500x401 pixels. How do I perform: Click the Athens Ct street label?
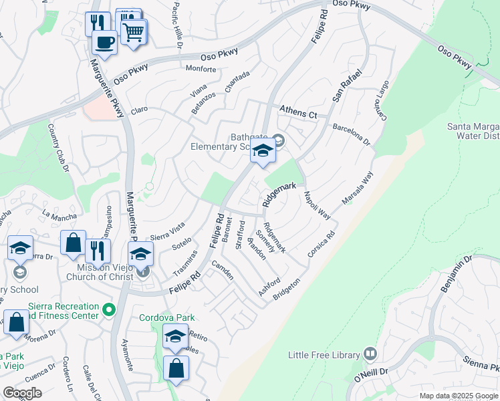[298, 112]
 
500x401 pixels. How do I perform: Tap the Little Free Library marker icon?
[370, 354]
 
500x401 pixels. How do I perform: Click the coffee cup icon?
[104, 43]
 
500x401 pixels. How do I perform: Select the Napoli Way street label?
[318, 205]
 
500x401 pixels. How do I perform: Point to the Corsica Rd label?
[321, 245]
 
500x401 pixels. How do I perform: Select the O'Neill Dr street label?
[371, 378]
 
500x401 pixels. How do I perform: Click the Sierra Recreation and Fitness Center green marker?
[109, 309]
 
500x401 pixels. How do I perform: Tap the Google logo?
[22, 392]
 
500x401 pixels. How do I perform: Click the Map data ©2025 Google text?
[458, 396]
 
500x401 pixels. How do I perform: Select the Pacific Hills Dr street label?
[176, 25]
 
